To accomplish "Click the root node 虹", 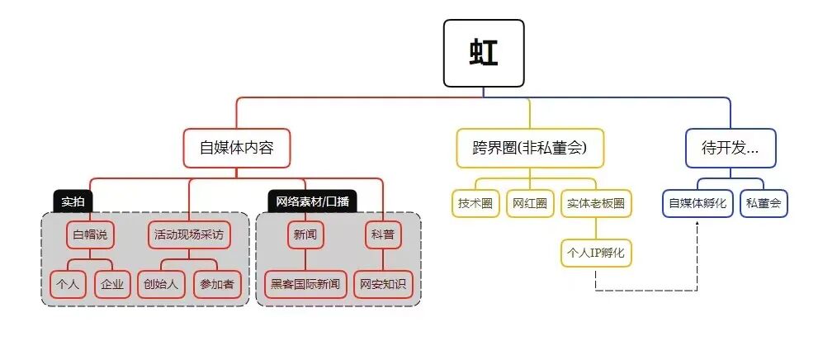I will coord(484,53).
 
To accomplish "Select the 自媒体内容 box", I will coord(237,149).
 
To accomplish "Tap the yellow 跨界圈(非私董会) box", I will coord(530,149).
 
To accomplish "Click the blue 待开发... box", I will coord(730,149).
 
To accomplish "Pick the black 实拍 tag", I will coord(73,201).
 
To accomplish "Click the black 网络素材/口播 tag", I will coord(312,201).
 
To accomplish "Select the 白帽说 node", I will coord(90,234).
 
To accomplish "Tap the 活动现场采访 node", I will coord(188,234).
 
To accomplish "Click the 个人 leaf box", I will coord(68,284).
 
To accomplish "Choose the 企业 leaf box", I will coord(112,284).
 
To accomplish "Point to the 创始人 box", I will coord(160,284).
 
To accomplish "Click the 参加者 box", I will coord(216,284).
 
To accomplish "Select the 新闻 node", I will coord(305,234).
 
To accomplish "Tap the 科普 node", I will coord(383,234).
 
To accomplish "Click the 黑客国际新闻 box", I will coord(305,284).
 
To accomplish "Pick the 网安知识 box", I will coord(383,284).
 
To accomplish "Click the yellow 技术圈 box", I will coord(475,203).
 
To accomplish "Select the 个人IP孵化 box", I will coord(596,252).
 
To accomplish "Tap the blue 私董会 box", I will coord(764,203).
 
